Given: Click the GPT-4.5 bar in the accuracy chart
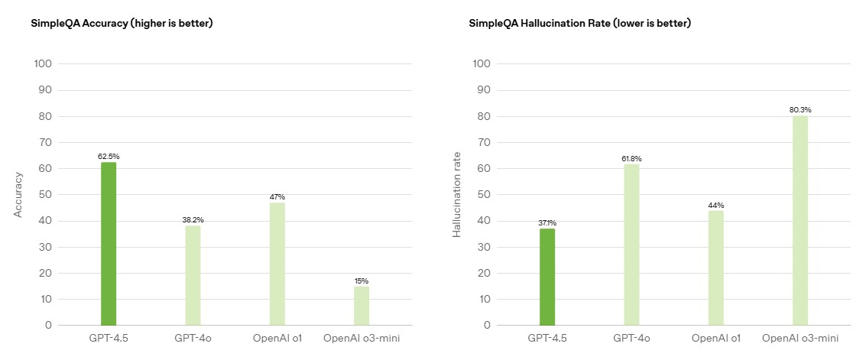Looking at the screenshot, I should pyautogui.click(x=109, y=244).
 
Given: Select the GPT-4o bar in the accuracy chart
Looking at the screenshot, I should pyautogui.click(x=193, y=275).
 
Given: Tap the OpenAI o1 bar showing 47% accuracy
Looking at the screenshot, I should pyautogui.click(x=277, y=264).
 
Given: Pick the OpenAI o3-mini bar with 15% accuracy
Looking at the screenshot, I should pyautogui.click(x=361, y=306).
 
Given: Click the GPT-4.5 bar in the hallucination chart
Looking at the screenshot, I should pyautogui.click(x=547, y=277).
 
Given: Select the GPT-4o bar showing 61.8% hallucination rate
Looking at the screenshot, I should pyautogui.click(x=631, y=245).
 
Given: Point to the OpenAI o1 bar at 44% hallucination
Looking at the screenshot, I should pyautogui.click(x=715, y=268).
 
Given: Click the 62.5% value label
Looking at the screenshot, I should pyautogui.click(x=109, y=157).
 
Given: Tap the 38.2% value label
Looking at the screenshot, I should pyautogui.click(x=193, y=220).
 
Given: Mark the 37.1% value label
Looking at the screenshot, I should pyautogui.click(x=547, y=223).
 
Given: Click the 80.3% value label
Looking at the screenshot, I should pyautogui.click(x=800, y=110).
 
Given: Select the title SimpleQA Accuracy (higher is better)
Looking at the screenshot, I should pyautogui.click(x=122, y=24).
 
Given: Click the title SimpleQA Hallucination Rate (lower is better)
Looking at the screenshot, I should pyautogui.click(x=579, y=24).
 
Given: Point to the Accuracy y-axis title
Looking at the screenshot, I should pyautogui.click(x=18, y=194).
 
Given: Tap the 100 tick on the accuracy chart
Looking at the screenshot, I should pyautogui.click(x=44, y=63).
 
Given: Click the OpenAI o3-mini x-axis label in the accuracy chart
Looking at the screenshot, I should pyautogui.click(x=361, y=338).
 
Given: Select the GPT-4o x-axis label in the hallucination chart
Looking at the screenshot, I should pyautogui.click(x=631, y=338).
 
